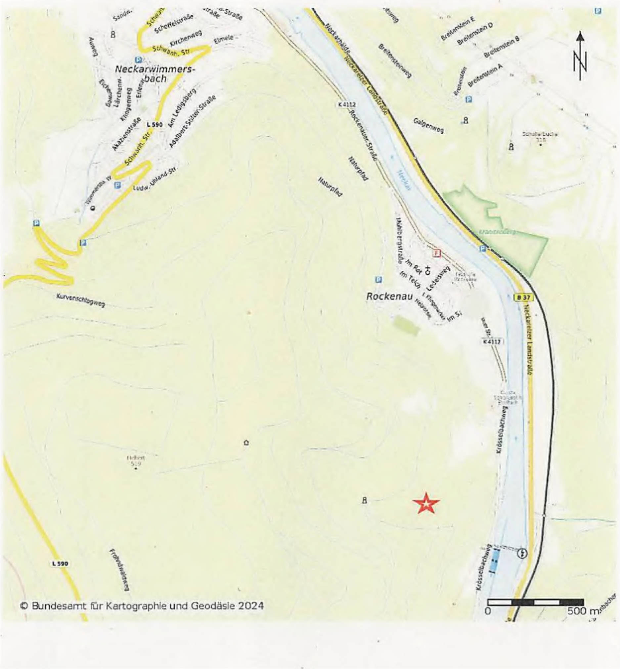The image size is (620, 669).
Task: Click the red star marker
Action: coord(426,503)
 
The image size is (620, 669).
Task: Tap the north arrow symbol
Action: coord(580,56)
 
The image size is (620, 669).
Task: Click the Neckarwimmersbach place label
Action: coord(155,74)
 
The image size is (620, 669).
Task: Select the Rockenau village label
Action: coord(389,296)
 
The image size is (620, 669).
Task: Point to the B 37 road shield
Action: coord(523,297)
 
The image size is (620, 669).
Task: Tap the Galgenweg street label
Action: coord(428,126)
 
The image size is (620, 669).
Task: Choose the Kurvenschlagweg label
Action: coord(80,300)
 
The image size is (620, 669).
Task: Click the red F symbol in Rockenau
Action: coord(436,253)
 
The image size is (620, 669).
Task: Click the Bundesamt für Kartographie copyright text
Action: coord(142,606)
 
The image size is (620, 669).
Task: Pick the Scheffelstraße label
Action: coord(173,23)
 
